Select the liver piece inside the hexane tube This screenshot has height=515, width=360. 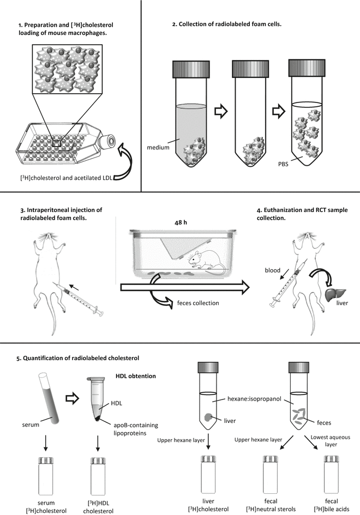[x=209, y=417]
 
